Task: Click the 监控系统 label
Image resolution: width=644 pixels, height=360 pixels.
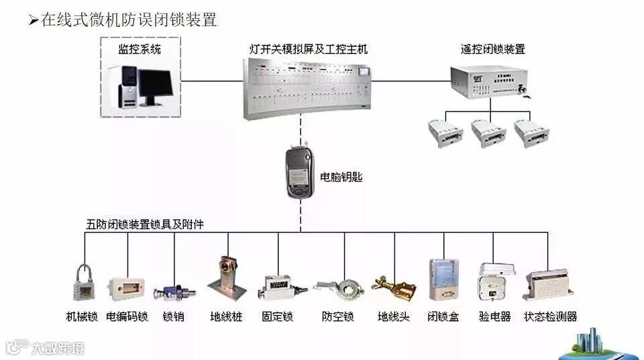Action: tap(140, 49)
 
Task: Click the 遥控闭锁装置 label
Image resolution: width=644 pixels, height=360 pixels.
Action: tap(492, 49)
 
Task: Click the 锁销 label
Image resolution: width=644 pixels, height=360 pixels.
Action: tap(173, 316)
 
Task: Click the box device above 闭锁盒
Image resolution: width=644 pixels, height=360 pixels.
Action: tap(443, 282)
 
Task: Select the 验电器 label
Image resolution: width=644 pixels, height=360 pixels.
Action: tap(494, 316)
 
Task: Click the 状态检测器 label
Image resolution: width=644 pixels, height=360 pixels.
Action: tap(550, 316)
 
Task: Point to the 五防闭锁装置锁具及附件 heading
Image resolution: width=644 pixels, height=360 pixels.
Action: tap(145, 225)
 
